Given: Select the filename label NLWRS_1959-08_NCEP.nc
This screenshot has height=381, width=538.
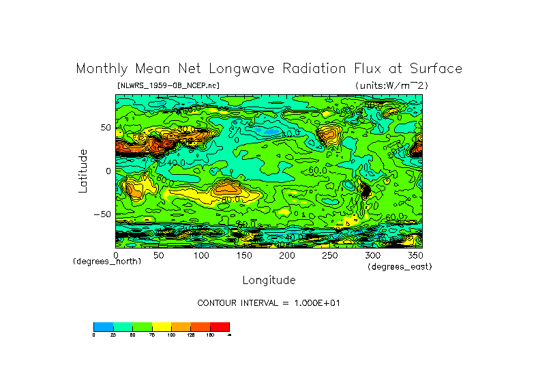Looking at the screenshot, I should pyautogui.click(x=168, y=85).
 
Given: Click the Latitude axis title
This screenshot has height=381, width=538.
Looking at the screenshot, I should pyautogui.click(x=83, y=171).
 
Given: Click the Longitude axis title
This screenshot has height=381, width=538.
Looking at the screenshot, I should pyautogui.click(x=269, y=280).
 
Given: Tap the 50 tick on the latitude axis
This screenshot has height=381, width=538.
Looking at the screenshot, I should pyautogui.click(x=105, y=127).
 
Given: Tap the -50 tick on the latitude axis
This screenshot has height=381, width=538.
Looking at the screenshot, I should pyautogui.click(x=102, y=214).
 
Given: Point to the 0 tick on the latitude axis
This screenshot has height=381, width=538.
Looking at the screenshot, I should pyautogui.click(x=108, y=171).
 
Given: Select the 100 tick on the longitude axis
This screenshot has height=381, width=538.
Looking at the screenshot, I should pyautogui.click(x=201, y=255).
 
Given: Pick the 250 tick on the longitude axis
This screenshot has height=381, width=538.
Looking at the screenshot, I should pyautogui.click(x=329, y=255).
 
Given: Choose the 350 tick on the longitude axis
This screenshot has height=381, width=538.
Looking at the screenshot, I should pyautogui.click(x=415, y=255).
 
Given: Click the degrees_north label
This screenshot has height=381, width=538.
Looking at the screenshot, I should pyautogui.click(x=107, y=262).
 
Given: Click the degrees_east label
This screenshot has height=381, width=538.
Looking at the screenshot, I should pyautogui.click(x=400, y=266).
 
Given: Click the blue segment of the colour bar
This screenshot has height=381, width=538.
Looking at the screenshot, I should pyautogui.click(x=103, y=326).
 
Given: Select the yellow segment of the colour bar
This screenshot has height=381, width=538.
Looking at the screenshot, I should pyautogui.click(x=162, y=326).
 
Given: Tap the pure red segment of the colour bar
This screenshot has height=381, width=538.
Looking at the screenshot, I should pyautogui.click(x=220, y=326).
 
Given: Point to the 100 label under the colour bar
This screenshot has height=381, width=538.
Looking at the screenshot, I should pyautogui.click(x=170, y=335).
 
